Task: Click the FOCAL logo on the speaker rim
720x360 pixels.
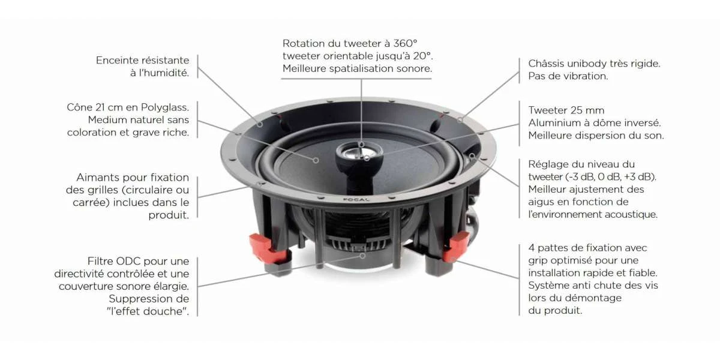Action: (356, 200)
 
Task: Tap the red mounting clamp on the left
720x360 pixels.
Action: (266, 248)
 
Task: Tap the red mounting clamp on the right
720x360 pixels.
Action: (456, 247)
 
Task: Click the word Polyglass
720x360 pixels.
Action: (165, 107)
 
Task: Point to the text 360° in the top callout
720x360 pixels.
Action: (406, 43)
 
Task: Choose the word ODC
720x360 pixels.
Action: (128, 261)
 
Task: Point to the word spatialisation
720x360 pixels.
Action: (367, 69)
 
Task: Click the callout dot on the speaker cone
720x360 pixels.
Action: (316, 160)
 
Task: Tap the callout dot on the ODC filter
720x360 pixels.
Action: (362, 256)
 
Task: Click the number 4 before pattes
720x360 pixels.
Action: (532, 248)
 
